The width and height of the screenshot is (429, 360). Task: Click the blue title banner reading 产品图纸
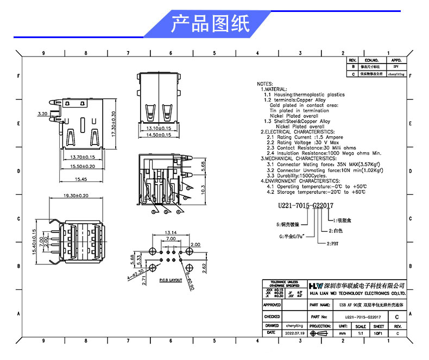point(211,24)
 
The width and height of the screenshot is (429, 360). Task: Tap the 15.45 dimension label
point(81,179)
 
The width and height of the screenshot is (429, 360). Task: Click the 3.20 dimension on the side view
point(42,115)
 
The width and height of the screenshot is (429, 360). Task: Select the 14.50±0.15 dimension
point(160,135)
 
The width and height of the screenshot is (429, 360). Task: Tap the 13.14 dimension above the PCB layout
point(171,231)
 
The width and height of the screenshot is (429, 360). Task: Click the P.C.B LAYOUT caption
point(171,281)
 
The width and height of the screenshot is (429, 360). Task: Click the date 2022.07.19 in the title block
point(295,333)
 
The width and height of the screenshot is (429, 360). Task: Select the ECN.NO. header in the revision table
point(371,60)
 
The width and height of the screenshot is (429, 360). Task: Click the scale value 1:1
point(360,333)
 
